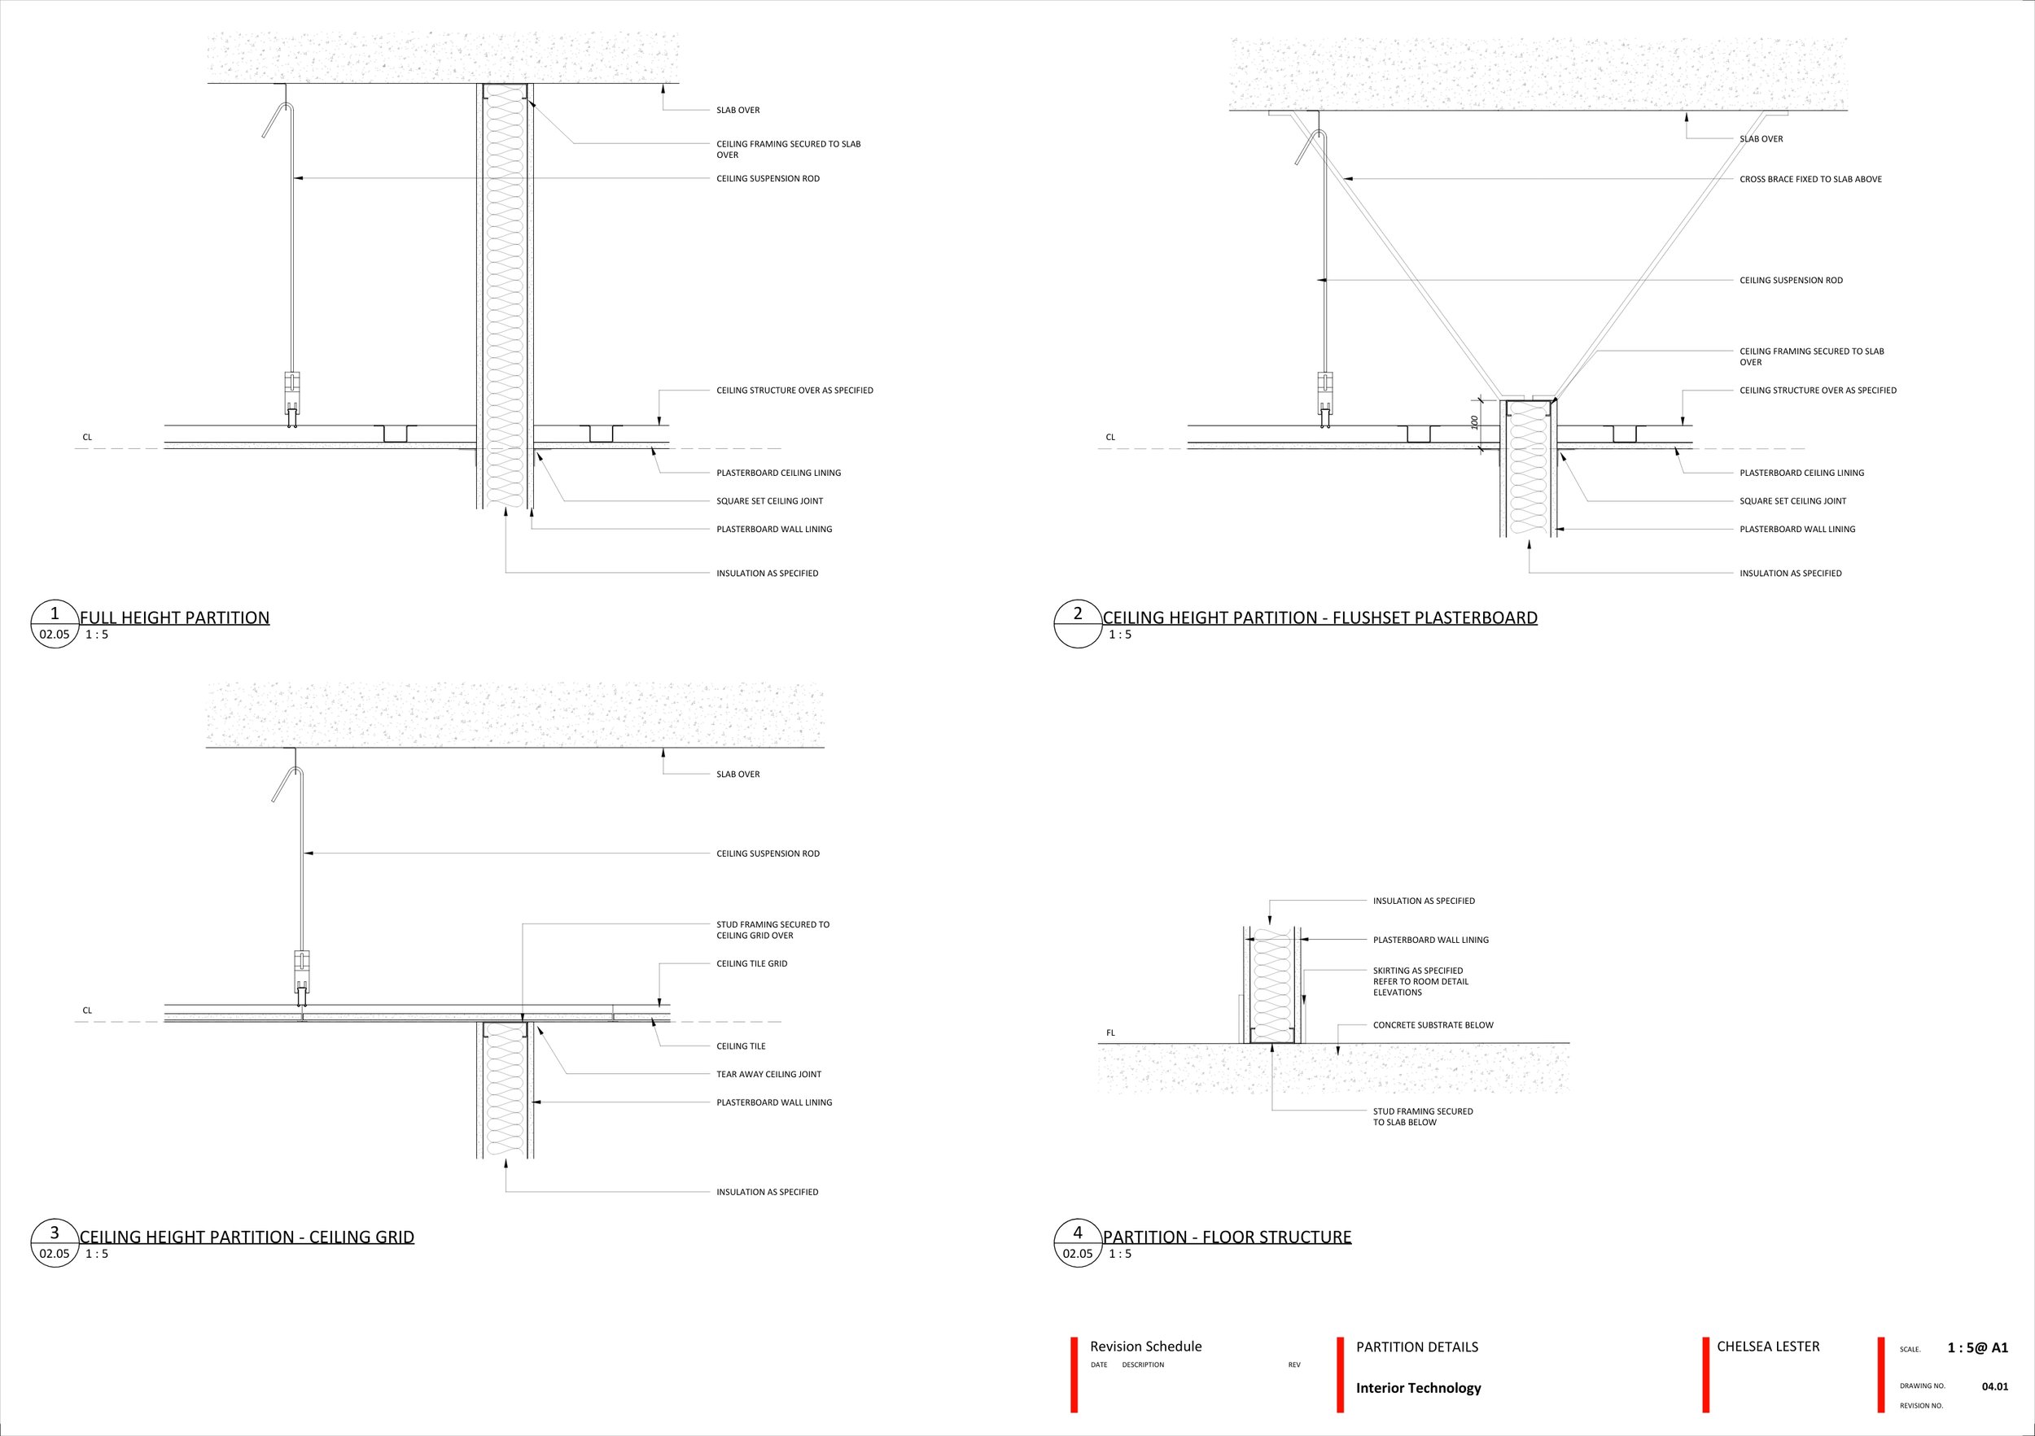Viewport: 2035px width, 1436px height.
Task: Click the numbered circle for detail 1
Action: click(55, 625)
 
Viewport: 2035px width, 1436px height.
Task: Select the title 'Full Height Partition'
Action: click(175, 618)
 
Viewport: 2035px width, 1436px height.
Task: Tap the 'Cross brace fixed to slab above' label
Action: click(1810, 179)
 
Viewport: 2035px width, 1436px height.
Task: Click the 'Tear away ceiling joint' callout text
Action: click(768, 1074)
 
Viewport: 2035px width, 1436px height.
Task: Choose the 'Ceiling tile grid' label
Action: click(751, 963)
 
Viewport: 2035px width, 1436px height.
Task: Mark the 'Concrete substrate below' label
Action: click(1433, 1025)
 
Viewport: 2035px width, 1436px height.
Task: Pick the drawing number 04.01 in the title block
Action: click(1994, 1386)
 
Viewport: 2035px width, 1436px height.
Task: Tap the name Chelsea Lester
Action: click(1767, 1347)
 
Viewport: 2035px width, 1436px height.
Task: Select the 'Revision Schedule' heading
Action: click(1145, 1347)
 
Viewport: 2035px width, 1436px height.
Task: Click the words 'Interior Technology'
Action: click(1418, 1388)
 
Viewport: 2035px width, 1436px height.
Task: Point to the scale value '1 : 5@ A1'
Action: click(1977, 1347)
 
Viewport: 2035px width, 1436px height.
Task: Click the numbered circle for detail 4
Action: click(1078, 1243)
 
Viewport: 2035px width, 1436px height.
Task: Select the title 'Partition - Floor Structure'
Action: click(1227, 1237)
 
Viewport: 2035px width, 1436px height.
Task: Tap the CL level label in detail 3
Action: click(87, 1010)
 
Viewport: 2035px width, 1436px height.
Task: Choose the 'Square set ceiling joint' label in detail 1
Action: click(769, 500)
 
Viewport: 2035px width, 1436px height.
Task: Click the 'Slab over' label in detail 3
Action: click(737, 775)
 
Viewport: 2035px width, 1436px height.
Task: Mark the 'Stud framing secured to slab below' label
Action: click(1423, 1116)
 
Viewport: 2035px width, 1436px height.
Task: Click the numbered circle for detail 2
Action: click(1078, 625)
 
